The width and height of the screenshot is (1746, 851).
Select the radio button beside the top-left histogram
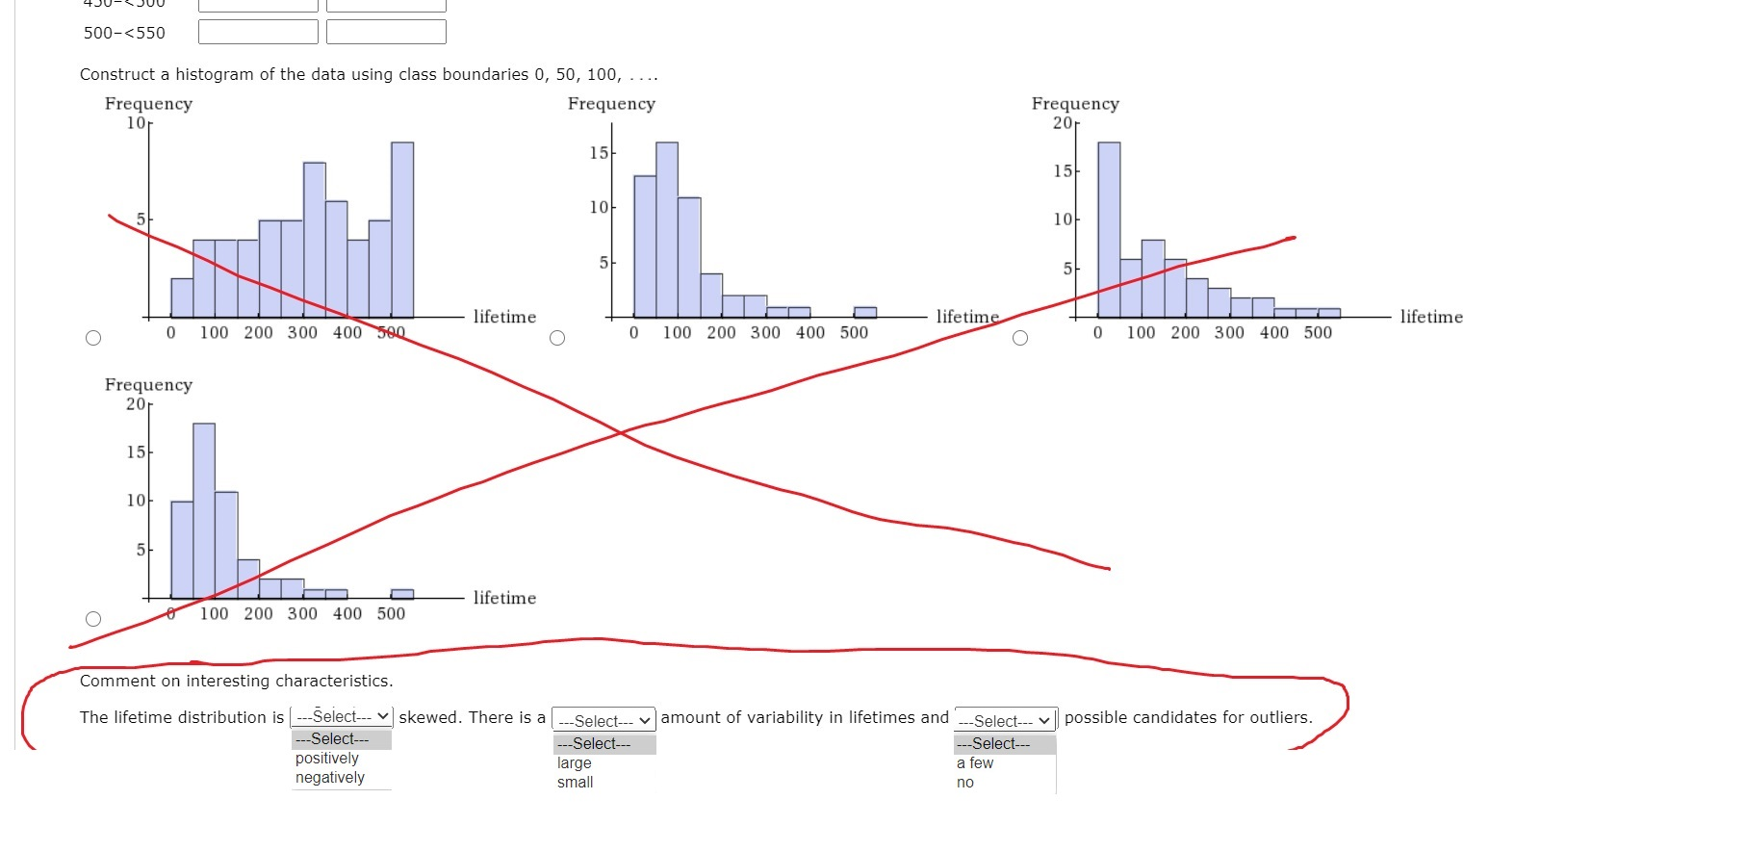point(93,338)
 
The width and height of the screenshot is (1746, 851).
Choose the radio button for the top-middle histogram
point(557,338)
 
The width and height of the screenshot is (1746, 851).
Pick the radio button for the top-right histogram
point(1020,338)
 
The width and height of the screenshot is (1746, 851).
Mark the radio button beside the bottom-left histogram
point(93,619)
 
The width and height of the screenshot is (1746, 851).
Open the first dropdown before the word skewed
point(342,717)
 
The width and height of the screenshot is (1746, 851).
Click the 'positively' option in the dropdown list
point(327,759)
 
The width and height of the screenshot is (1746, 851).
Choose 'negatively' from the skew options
point(330,778)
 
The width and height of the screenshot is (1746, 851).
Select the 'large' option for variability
point(575,763)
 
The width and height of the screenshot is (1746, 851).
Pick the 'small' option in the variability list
point(576,783)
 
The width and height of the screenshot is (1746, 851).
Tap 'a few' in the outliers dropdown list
point(975,763)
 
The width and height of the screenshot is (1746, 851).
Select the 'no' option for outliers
point(965,783)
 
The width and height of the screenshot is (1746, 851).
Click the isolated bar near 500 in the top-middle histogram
point(865,312)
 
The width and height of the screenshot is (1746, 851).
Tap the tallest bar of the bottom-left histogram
point(204,510)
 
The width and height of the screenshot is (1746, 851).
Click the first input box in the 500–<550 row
point(258,32)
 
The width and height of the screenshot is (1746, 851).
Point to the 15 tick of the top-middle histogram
point(599,153)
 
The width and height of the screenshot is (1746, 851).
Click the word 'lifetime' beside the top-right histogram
point(1431,317)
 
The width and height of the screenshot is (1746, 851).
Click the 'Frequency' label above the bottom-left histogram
point(148,385)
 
